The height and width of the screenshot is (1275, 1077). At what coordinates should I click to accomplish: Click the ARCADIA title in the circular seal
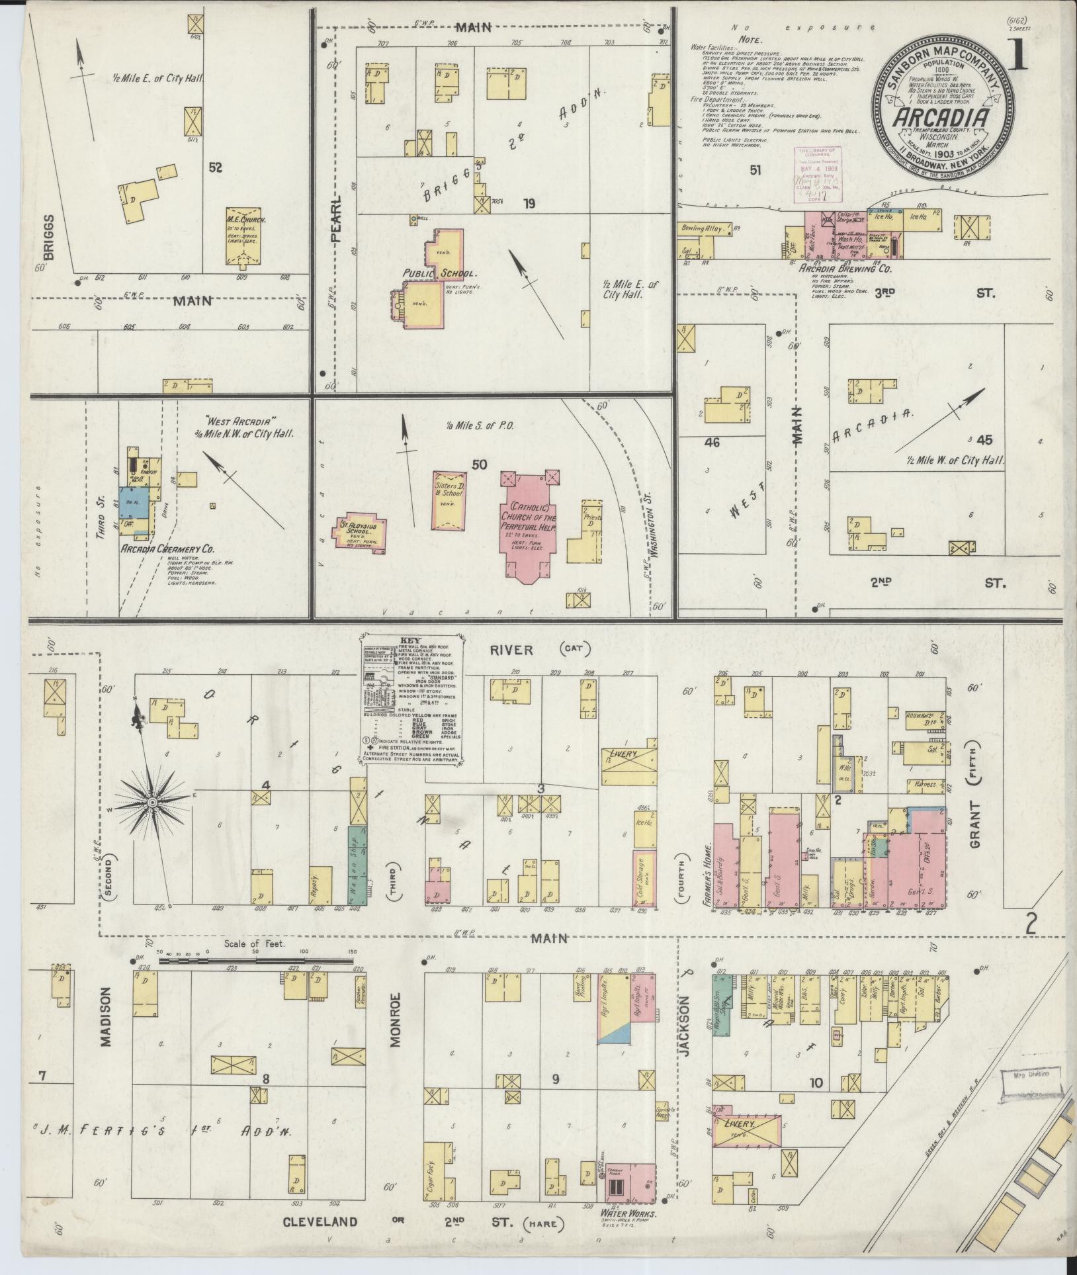[x=943, y=118]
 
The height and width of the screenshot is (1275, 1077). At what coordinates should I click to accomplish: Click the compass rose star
[x=151, y=802]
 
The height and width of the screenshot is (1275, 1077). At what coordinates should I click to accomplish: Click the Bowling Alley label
[x=703, y=228]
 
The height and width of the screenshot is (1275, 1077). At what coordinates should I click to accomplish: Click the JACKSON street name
[x=685, y=1032]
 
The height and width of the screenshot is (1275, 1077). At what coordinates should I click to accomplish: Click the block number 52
[x=214, y=168]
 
